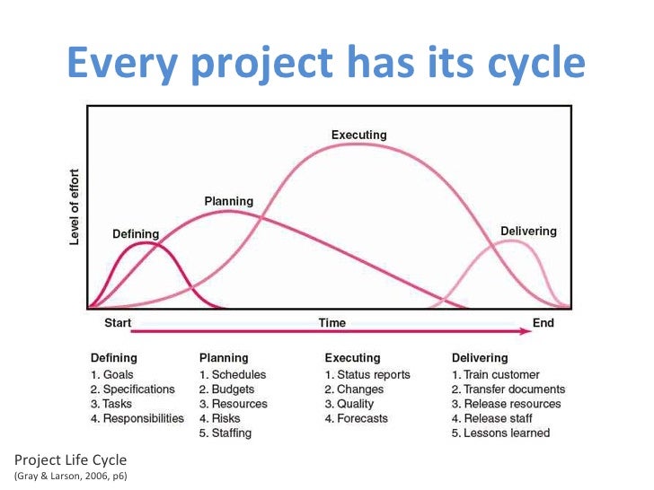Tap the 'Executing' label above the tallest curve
coord(358,135)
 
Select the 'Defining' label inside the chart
coord(136,234)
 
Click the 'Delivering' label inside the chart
coord(528,231)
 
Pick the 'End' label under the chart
coord(544,323)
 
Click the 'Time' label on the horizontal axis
coord(331,323)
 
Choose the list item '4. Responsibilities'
coord(137,418)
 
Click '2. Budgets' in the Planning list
coord(226,389)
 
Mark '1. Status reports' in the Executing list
coord(367,374)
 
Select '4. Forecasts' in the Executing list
coord(357,418)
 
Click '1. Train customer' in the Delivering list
coord(495,374)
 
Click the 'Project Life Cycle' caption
coord(63,459)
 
